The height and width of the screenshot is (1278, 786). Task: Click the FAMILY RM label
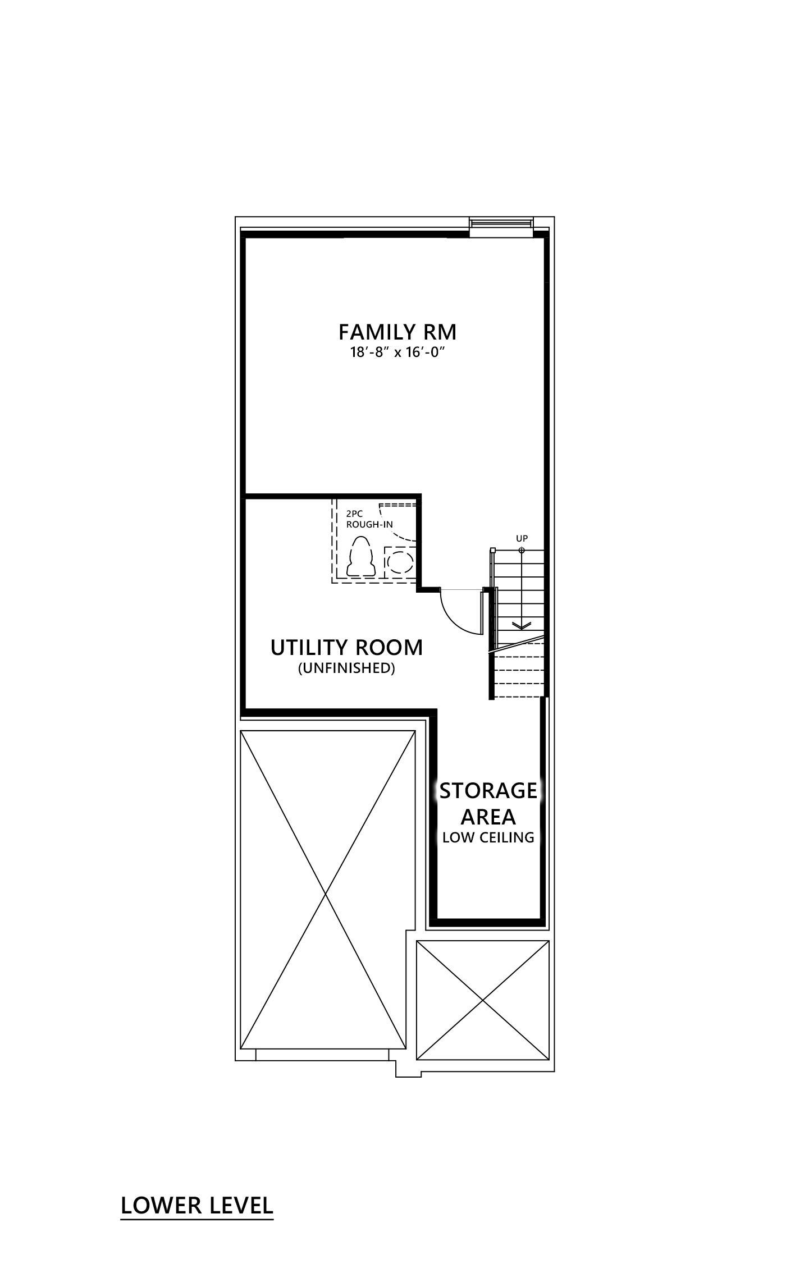[397, 332]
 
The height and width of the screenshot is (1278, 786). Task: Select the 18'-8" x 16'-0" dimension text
[397, 353]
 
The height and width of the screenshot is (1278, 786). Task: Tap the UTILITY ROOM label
[346, 648]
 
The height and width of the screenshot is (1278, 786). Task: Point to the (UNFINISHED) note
[346, 668]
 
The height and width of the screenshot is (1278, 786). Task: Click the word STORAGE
[488, 791]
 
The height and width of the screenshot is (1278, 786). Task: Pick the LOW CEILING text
[488, 837]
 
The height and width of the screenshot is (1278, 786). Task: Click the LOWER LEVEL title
[197, 1206]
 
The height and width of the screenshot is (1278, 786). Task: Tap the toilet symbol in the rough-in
[361, 557]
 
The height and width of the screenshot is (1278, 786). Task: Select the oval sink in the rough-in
[401, 561]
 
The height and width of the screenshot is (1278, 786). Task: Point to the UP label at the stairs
[522, 539]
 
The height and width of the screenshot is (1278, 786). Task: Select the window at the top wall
[501, 224]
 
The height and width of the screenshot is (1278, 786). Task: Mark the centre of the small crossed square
[483, 1001]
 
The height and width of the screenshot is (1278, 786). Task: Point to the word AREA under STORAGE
[488, 817]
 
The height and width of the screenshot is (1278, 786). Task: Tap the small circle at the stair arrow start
[522, 550]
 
